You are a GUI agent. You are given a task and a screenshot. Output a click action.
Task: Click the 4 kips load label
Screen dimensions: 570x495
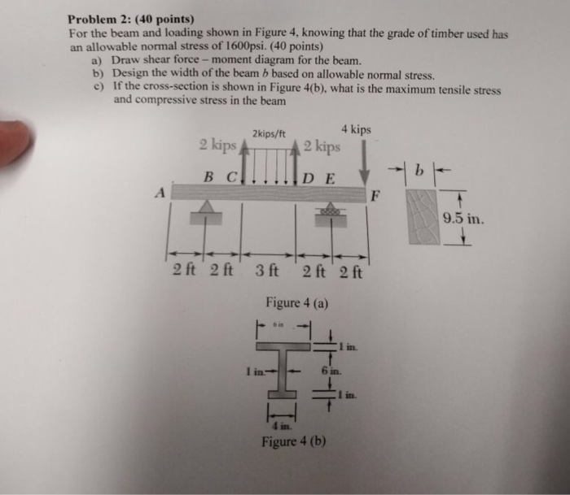[x=356, y=130]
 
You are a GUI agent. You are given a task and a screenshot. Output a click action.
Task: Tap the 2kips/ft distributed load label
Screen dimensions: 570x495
[x=268, y=132]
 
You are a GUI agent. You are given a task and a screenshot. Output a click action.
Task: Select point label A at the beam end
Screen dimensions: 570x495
[x=160, y=193]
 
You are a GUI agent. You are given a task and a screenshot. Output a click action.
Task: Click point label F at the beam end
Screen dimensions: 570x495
[x=375, y=194]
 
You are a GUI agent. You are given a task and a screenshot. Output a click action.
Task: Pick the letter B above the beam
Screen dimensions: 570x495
[x=208, y=176]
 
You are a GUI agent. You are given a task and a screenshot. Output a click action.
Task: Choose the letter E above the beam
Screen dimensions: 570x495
[x=329, y=178]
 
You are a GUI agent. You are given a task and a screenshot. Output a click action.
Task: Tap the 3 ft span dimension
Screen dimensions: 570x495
[x=267, y=271]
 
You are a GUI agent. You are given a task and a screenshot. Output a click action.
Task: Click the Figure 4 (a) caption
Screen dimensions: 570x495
[x=297, y=303]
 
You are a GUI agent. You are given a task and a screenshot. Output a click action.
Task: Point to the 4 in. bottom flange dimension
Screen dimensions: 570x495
[x=278, y=424]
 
